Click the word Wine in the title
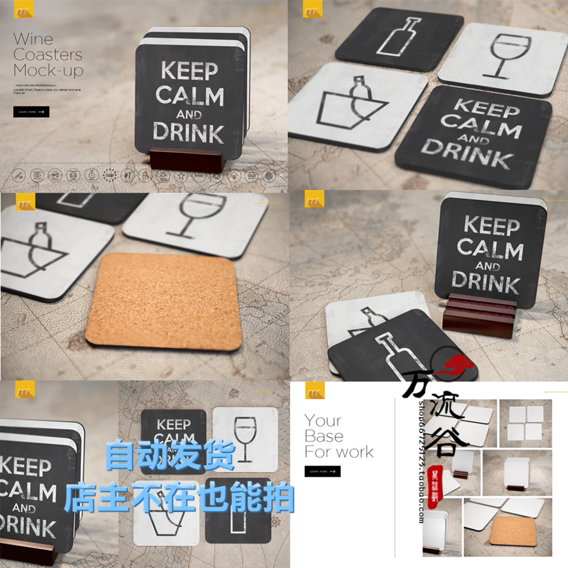[x=33, y=40]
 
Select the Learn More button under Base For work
[x=322, y=471]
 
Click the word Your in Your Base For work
[x=323, y=421]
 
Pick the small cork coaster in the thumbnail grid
[x=512, y=531]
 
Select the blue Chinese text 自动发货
[x=170, y=456]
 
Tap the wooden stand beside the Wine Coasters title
[x=186, y=160]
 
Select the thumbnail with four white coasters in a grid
[x=526, y=423]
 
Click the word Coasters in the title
[x=48, y=55]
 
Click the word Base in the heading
[x=324, y=436]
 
